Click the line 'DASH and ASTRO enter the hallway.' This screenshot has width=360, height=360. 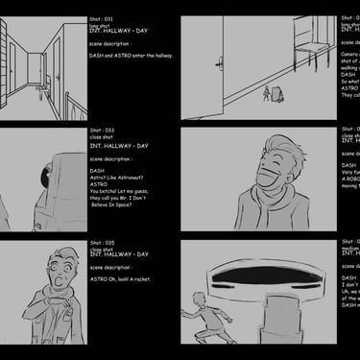(131, 56)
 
